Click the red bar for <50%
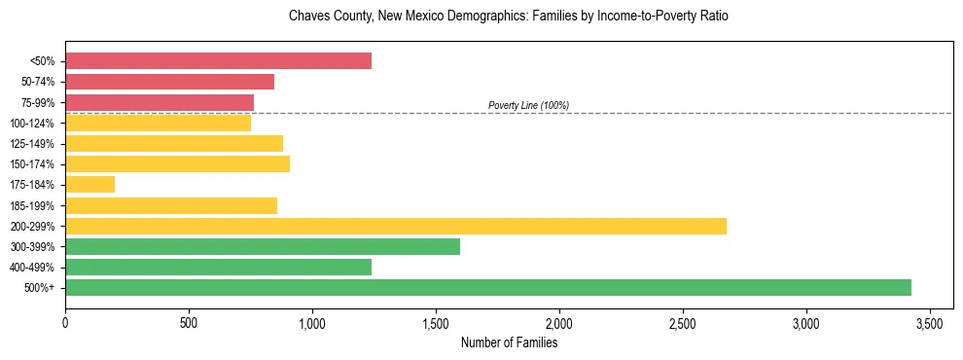pos(218,61)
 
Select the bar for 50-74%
pos(169,82)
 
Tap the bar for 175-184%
pos(89,185)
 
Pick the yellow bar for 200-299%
pos(396,226)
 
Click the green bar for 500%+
pos(488,287)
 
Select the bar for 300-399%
pos(263,246)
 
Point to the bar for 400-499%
pos(218,267)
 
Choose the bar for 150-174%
pos(177,163)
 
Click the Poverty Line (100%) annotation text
pos(528,105)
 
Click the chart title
pos(509,17)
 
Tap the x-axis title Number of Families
pos(509,342)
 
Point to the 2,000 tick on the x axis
pos(559,322)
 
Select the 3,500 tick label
pos(930,322)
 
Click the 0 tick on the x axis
pos(65,322)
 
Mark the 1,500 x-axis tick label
pos(436,322)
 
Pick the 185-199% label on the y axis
pos(34,205)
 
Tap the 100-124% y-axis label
pos(34,123)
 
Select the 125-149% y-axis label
pos(34,144)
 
